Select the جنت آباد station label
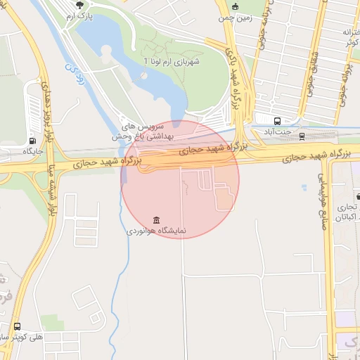tap(278, 132)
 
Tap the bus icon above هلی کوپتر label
tap(16, 326)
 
